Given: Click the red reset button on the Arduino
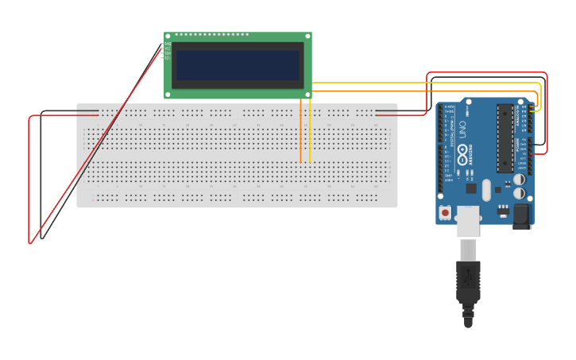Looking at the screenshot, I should click(445, 212).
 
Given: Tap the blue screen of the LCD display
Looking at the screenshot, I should click(238, 65).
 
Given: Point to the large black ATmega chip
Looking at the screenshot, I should click(505, 137).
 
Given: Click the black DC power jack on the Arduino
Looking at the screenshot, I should click(521, 215).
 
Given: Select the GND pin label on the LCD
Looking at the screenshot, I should click(168, 45).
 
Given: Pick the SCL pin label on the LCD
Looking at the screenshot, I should click(168, 59).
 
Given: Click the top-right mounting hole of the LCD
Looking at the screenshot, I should click(307, 37).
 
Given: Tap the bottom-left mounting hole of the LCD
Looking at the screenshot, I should click(168, 94).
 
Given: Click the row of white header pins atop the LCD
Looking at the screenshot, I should click(211, 35).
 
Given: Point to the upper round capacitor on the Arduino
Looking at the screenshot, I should click(519, 180).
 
